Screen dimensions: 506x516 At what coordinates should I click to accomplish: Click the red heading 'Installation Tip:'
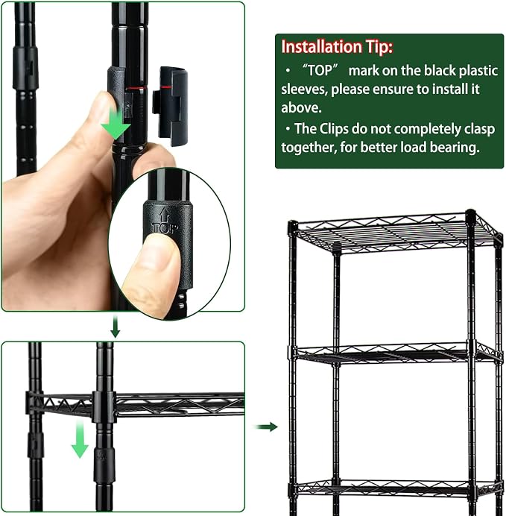click(337, 47)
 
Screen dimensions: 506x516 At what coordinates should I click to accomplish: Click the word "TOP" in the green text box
click(320, 70)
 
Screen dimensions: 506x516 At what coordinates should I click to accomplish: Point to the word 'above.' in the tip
click(301, 107)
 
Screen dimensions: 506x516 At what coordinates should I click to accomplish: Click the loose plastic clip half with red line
click(171, 106)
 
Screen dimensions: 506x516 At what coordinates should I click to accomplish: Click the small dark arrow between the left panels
click(115, 327)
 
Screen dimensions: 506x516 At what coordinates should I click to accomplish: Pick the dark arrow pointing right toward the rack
click(266, 427)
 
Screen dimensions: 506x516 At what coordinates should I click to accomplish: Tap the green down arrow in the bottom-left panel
click(80, 439)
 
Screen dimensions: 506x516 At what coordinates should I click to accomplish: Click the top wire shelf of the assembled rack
click(396, 232)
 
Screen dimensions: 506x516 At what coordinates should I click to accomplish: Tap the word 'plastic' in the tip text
click(478, 71)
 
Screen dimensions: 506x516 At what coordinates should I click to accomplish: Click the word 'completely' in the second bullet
click(428, 130)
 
